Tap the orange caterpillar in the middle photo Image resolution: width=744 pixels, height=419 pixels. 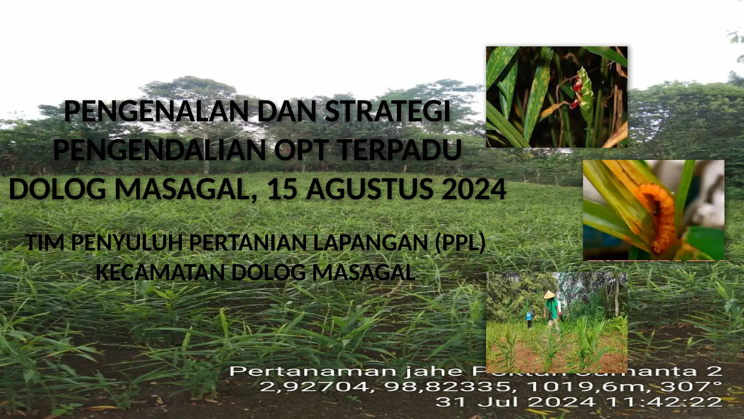point(659,218)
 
